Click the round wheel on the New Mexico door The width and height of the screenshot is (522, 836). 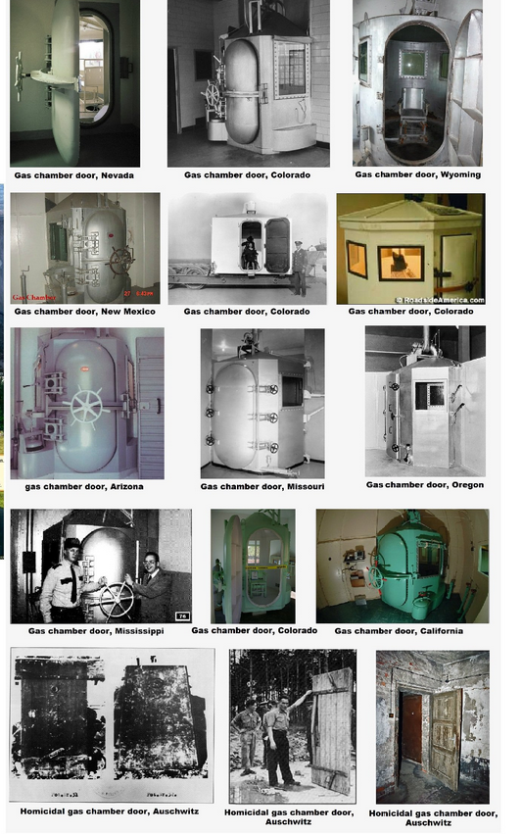coord(120,261)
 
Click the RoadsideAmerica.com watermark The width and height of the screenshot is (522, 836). coord(440,299)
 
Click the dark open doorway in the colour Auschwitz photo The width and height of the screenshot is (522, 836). coord(411,727)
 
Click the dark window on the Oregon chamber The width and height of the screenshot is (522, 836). coord(429,394)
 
